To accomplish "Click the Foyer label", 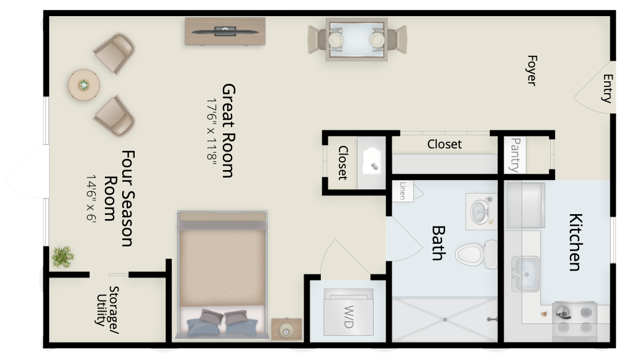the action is pyautogui.click(x=532, y=70).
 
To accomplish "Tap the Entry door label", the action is pyautogui.click(x=608, y=88).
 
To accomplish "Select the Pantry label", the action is pyautogui.click(x=515, y=155).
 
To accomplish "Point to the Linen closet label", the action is pyautogui.click(x=403, y=191).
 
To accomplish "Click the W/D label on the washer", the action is pyautogui.click(x=349, y=317).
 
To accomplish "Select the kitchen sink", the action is pyautogui.click(x=525, y=274).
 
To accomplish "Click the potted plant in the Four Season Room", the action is pyautogui.click(x=63, y=257).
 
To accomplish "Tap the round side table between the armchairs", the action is pyautogui.click(x=84, y=85).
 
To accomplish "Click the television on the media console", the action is pyautogui.click(x=225, y=31).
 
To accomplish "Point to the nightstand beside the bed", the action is pyautogui.click(x=287, y=329).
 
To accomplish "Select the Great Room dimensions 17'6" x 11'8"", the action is pyautogui.click(x=212, y=130).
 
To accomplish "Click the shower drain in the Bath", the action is pyautogui.click(x=444, y=320).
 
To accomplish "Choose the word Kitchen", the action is pyautogui.click(x=575, y=243).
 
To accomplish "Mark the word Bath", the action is pyautogui.click(x=439, y=243).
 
